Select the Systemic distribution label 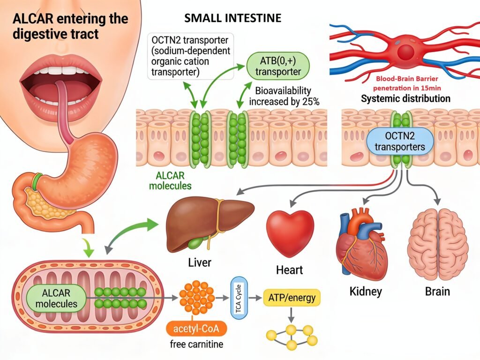(405, 99)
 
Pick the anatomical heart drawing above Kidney (361, 244)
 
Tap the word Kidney (366, 291)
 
